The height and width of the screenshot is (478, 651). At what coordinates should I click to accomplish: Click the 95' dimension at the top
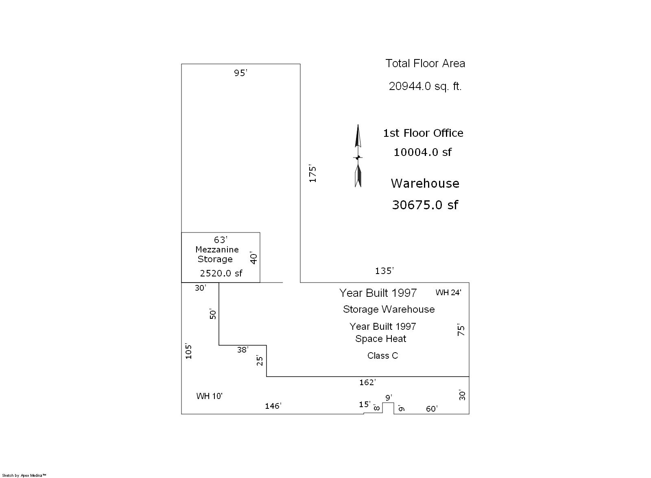(x=240, y=73)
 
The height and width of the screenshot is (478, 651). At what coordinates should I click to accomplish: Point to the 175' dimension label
(x=312, y=174)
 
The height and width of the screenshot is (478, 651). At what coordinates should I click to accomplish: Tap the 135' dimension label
(x=384, y=271)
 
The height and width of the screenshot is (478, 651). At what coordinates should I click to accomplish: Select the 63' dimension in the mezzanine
(x=221, y=239)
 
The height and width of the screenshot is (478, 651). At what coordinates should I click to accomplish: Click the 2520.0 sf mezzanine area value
(x=221, y=273)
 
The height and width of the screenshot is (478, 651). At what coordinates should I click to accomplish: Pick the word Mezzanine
(x=217, y=249)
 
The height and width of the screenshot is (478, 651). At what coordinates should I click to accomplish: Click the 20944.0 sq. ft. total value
(x=425, y=86)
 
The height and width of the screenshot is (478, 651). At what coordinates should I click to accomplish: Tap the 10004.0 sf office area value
(x=423, y=152)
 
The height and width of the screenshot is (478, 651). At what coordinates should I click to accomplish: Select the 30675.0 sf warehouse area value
(x=425, y=205)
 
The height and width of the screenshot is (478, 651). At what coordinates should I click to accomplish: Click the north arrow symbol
(x=358, y=156)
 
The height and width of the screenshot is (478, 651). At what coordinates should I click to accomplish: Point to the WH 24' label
(x=448, y=292)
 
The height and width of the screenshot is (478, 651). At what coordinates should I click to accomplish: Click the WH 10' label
(x=209, y=396)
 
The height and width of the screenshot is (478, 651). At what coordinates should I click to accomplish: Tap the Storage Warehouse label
(x=389, y=309)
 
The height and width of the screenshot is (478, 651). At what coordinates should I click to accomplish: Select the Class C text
(x=382, y=355)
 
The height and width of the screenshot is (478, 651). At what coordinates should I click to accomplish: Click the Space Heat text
(x=380, y=338)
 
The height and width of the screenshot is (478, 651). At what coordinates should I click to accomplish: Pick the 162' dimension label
(x=367, y=382)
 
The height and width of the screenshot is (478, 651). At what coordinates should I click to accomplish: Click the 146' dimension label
(x=273, y=406)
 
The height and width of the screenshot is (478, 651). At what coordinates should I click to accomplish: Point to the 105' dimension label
(x=188, y=351)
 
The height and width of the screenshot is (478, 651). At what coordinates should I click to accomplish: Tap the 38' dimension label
(x=242, y=349)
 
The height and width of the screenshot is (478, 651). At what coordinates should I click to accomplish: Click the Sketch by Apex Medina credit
(x=24, y=476)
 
